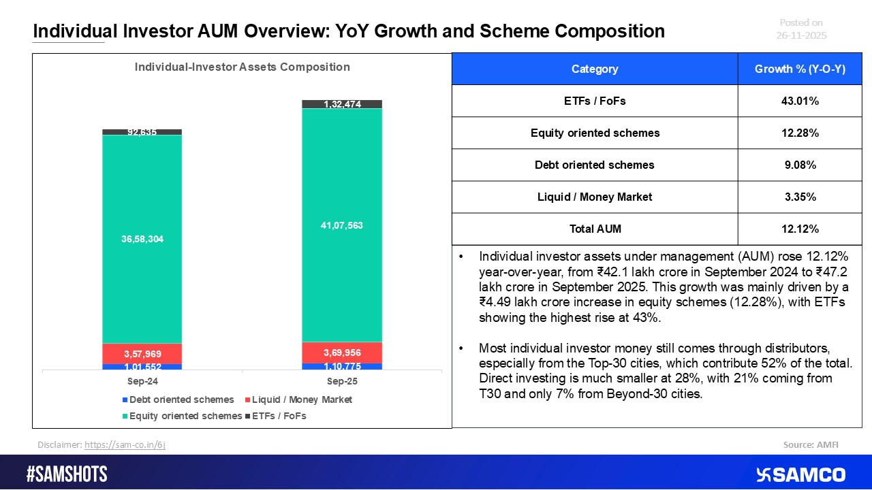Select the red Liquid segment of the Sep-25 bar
coord(342,353)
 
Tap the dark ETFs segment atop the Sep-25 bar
coord(342,104)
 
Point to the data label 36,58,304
coord(142,240)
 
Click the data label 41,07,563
coord(342,225)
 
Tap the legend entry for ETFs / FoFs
coord(279,416)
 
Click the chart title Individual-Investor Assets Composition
coord(242,67)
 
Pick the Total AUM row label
coord(595,229)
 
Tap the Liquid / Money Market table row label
coord(595,197)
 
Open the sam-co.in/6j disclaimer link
coord(125,444)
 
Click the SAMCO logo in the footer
coord(800,474)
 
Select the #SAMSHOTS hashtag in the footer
coord(67,474)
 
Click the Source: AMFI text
coord(811,444)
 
